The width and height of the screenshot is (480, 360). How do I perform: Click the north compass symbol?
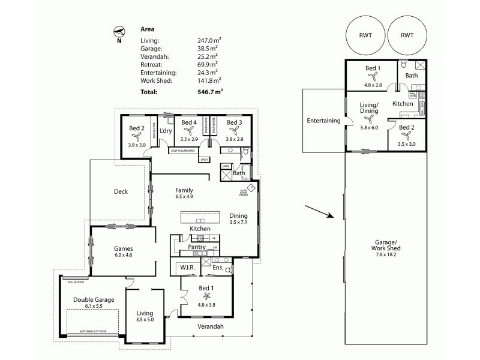[119, 31]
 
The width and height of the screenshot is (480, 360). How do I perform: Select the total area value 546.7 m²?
[203, 92]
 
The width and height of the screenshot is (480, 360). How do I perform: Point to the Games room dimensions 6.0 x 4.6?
[123, 256]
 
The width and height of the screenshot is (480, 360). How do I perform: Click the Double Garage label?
[93, 299]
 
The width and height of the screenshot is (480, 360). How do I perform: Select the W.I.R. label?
[184, 267]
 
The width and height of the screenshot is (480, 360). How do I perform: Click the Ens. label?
[218, 268]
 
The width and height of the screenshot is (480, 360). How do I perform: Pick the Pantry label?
[197, 247]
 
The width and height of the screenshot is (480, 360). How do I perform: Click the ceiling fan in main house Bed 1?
[208, 296]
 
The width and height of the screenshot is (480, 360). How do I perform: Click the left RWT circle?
[364, 35]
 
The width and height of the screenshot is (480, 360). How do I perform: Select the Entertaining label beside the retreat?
[323, 121]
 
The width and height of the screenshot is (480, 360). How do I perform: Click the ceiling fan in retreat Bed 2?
[406, 136]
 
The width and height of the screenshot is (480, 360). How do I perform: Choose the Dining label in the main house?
[238, 216]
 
